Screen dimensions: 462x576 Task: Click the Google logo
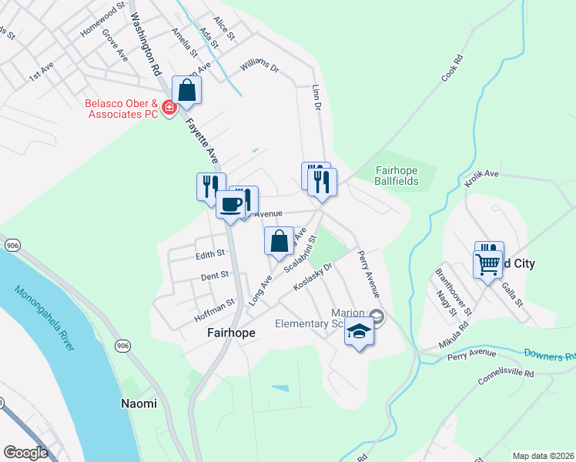pos(25,453)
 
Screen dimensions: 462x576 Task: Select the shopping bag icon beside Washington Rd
pos(187,90)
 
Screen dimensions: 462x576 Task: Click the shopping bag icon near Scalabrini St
pos(279,241)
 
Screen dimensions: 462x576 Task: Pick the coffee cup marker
pos(231,205)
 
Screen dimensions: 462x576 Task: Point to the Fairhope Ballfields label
pos(397,176)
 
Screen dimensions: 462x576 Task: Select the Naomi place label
pos(139,403)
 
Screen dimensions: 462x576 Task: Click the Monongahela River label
pos(45,317)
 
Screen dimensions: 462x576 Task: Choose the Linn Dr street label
pos(316,98)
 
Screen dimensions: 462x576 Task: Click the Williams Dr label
pos(259,67)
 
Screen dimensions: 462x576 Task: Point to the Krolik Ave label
pos(482,179)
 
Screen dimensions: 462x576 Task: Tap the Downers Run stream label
pos(550,355)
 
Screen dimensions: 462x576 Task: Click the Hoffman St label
pos(214,307)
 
